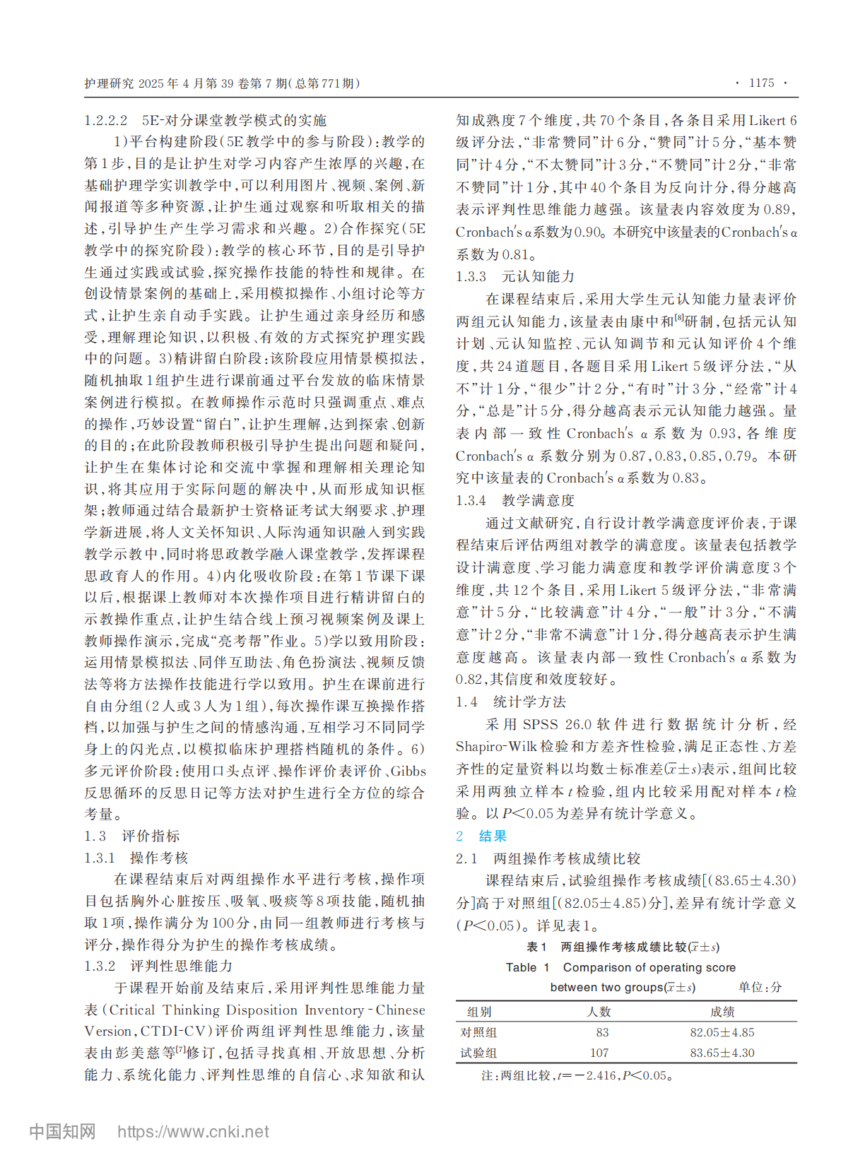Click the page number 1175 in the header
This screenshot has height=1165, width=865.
click(761, 83)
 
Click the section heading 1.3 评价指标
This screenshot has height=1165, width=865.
click(132, 836)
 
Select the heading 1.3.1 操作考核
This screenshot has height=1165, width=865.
click(136, 858)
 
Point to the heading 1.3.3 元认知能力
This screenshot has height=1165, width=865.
click(515, 276)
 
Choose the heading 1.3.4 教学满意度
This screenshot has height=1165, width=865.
click(515, 500)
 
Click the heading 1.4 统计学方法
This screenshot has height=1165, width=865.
click(511, 702)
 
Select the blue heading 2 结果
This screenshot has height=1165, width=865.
click(481, 836)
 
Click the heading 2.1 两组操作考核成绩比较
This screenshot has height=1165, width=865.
click(548, 858)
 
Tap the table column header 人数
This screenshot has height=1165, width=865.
click(599, 1012)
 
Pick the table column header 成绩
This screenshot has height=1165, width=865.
click(722, 1012)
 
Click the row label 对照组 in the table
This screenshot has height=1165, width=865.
click(478, 1032)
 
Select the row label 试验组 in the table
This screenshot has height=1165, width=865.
click(478, 1053)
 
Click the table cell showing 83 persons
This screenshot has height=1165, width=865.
click(601, 1032)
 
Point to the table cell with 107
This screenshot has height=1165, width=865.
click(599, 1053)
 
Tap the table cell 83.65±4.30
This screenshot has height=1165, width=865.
click(722, 1053)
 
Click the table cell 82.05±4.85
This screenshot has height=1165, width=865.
click(722, 1032)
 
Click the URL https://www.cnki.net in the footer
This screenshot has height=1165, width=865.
click(193, 1132)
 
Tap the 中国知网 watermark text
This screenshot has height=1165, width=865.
click(62, 1132)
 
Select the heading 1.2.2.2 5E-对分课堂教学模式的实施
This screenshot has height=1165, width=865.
click(206, 120)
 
